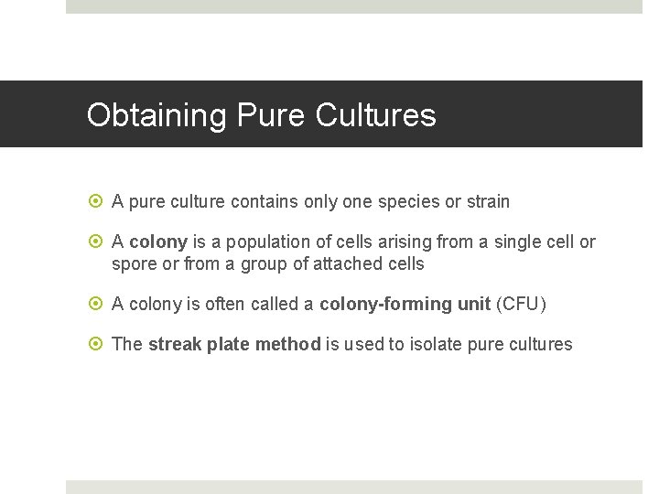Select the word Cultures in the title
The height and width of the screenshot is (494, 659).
375,116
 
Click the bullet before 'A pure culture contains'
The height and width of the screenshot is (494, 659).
98,201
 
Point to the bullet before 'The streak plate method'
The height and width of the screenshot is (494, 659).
98,345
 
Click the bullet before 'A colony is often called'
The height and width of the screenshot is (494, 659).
98,305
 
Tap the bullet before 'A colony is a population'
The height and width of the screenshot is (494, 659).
98,242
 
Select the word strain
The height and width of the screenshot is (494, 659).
488,201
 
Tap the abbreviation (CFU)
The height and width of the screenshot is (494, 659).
521,305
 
